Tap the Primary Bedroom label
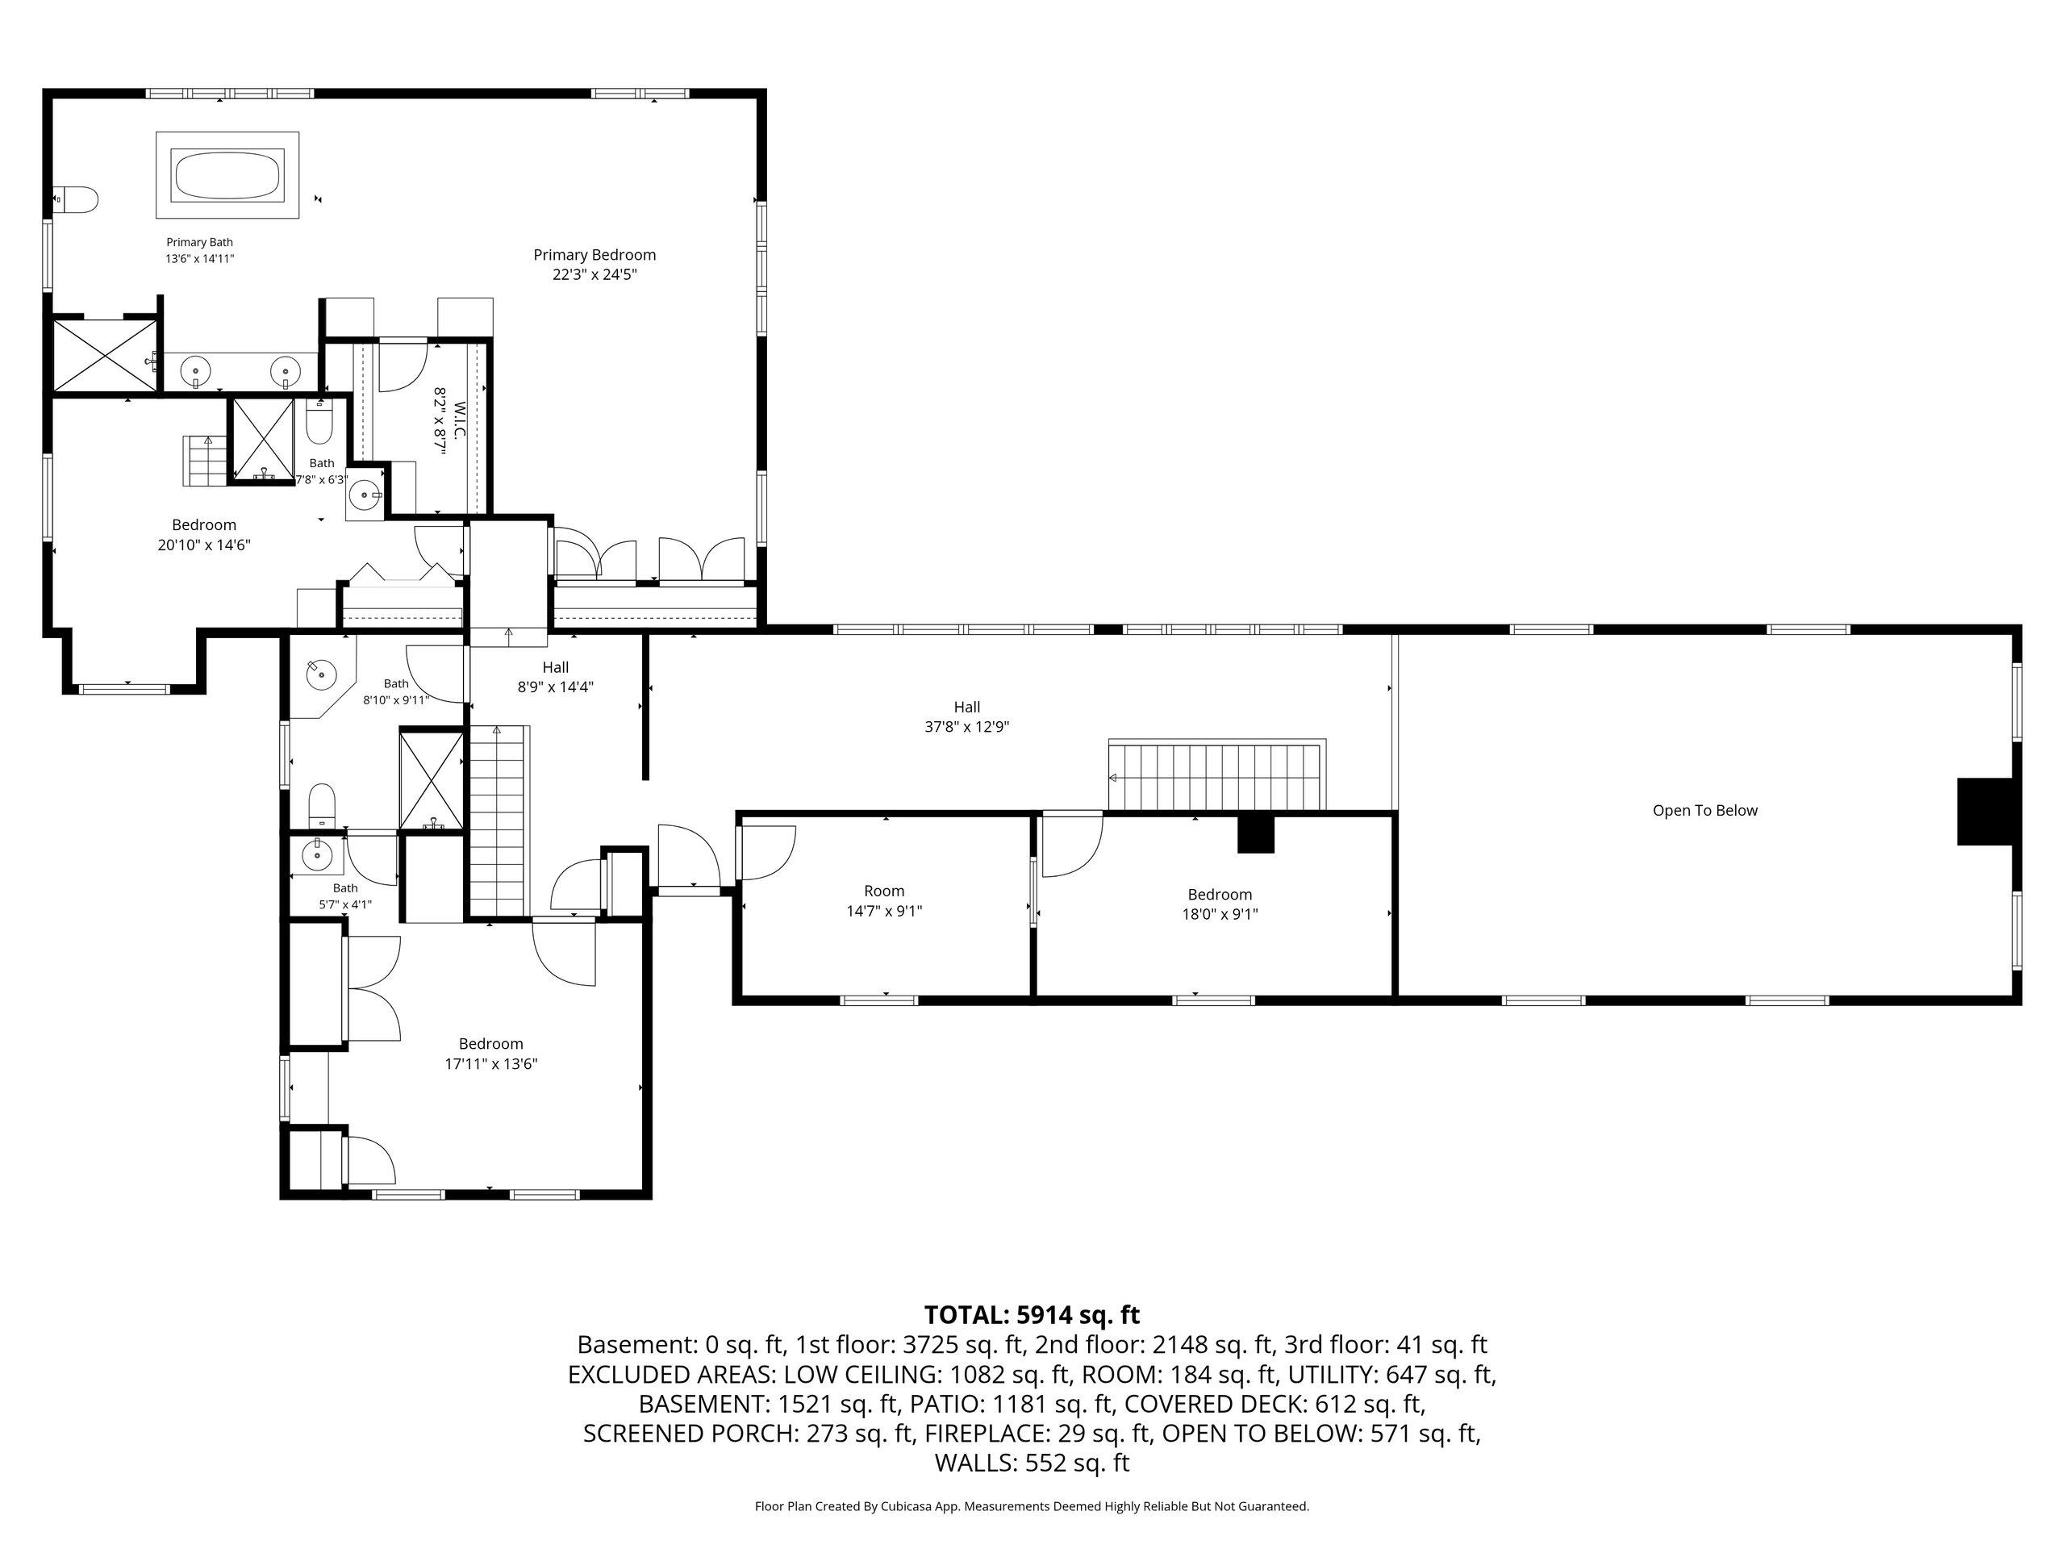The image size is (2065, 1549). (594, 265)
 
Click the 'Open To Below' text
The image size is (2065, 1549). (1704, 811)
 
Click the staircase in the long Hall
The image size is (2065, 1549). (1216, 775)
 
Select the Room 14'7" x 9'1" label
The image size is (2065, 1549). (884, 901)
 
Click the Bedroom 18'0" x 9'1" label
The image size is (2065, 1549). (1220, 904)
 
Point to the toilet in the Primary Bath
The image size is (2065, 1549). (77, 199)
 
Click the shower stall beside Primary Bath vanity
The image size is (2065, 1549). (106, 356)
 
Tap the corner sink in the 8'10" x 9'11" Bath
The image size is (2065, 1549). (321, 671)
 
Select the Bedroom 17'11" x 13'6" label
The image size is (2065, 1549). (491, 1053)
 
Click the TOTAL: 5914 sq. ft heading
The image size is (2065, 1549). (1032, 1315)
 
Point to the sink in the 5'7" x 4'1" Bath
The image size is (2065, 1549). (317, 854)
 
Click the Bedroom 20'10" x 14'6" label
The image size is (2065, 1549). (204, 534)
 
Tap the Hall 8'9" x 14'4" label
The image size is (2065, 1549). (556, 677)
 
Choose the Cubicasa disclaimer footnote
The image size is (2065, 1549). (1032, 1506)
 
